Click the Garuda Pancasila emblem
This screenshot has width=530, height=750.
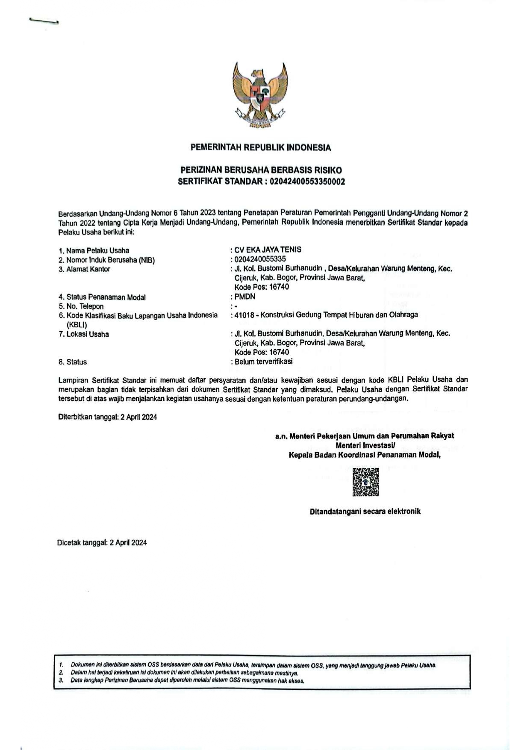[260, 95]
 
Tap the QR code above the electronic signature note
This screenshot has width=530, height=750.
[366, 482]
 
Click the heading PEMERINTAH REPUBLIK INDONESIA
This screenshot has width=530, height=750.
[261, 148]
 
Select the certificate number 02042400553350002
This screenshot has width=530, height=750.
[305, 182]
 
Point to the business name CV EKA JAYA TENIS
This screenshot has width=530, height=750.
[268, 250]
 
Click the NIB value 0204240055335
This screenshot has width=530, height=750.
[260, 259]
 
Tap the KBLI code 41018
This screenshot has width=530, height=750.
[244, 315]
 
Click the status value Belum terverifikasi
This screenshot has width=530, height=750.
[264, 362]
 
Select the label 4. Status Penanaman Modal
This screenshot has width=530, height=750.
[102, 297]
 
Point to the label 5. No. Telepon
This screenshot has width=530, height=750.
[81, 306]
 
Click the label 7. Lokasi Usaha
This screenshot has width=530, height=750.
[84, 334]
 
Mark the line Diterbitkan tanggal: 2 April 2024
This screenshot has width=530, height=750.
[107, 417]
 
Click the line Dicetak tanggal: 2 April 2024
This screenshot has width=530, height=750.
[102, 543]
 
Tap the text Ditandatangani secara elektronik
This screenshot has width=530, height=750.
[365, 512]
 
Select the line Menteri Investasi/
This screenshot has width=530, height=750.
[365, 445]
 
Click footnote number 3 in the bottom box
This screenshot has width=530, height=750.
[61, 681]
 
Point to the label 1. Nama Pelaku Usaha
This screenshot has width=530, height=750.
[94, 250]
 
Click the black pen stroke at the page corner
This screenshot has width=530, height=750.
[44, 21]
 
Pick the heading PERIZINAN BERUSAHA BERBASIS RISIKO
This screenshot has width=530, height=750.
[261, 170]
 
